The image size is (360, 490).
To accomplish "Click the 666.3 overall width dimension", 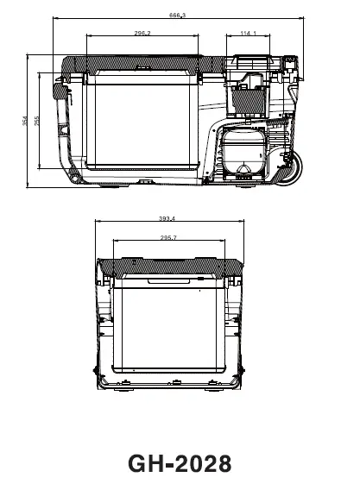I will point(179,15).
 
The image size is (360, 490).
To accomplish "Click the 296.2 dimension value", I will point(142,33).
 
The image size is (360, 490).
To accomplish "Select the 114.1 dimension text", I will point(249,33).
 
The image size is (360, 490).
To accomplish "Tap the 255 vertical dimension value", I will point(38,120).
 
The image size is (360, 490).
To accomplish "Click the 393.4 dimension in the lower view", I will point(167,218).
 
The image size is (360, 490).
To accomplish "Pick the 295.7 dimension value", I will point(168,237).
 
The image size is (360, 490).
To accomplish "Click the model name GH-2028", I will point(180,463).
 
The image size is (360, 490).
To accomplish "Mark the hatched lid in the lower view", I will point(169,267).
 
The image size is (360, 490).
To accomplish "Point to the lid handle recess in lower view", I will point(168,281).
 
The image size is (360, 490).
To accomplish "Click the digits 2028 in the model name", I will point(203,463).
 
